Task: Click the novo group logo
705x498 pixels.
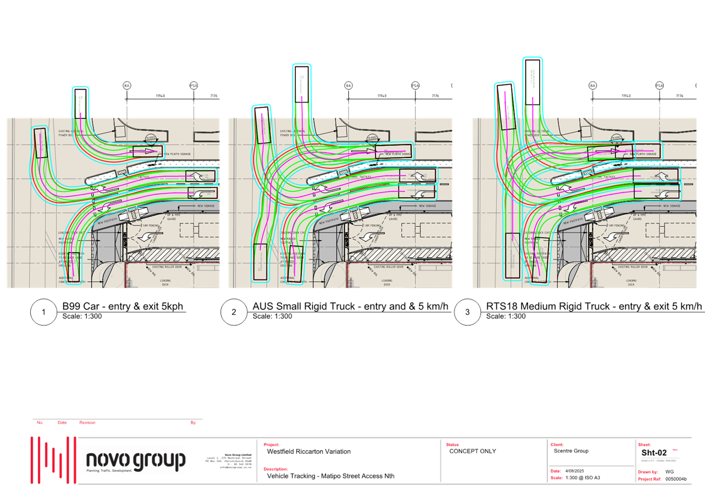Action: (x=134, y=460)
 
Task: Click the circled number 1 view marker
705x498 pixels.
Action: (x=43, y=312)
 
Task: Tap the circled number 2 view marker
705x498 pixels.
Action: (x=233, y=312)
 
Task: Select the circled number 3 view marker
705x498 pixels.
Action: (x=467, y=312)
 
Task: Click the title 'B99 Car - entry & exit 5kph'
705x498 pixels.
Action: (x=122, y=306)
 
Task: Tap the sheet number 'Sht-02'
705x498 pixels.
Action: (x=654, y=453)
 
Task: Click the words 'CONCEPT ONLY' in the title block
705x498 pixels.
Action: (x=473, y=451)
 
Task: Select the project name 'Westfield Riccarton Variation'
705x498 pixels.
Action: (x=308, y=452)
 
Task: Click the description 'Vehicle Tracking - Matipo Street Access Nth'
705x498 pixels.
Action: (x=331, y=476)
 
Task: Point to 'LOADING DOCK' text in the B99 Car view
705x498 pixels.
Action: (x=165, y=282)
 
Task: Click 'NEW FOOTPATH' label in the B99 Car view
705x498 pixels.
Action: (x=107, y=221)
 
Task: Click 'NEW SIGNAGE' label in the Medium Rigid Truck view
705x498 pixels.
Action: (x=672, y=206)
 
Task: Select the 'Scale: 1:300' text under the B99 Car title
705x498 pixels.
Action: (x=82, y=316)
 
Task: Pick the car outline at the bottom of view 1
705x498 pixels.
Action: (x=74, y=266)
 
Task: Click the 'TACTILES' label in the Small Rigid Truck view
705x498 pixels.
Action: (x=365, y=177)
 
